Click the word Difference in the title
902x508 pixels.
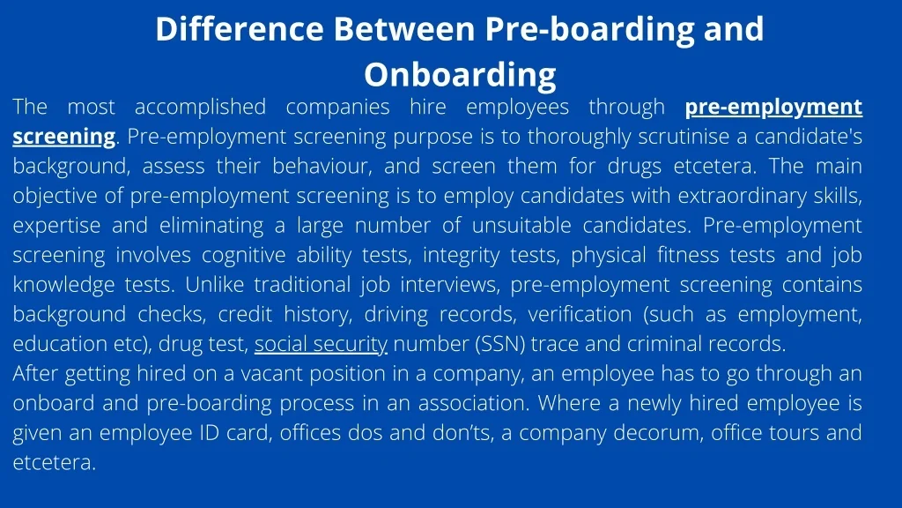tap(240, 29)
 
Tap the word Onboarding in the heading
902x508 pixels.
tap(460, 76)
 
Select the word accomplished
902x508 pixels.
tap(200, 108)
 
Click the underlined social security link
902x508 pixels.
tap(321, 344)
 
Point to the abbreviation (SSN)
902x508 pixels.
tap(500, 344)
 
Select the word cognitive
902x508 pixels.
tap(243, 255)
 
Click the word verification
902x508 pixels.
tap(580, 315)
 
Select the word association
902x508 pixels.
tap(473, 403)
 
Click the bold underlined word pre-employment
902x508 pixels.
tap(773, 108)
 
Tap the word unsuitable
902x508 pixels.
tap(521, 226)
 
